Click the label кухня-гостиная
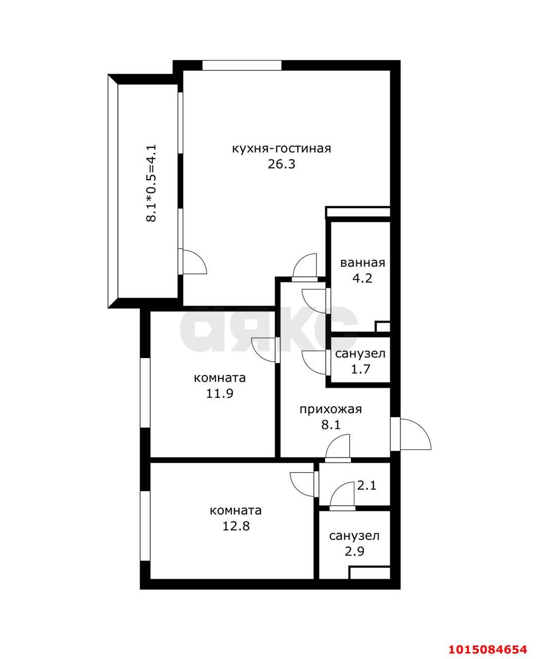click(x=281, y=149)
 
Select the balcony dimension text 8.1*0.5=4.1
click(x=151, y=183)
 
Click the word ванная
click(x=362, y=263)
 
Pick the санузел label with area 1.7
click(x=360, y=354)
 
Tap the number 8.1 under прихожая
click(x=331, y=425)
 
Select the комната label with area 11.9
click(x=220, y=378)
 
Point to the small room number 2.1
click(x=367, y=484)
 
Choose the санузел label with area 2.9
click(x=354, y=536)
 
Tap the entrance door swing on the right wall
click(x=414, y=434)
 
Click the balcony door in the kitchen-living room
click(x=193, y=262)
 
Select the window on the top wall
click(x=242, y=65)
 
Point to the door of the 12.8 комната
click(x=303, y=482)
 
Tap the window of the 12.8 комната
click(x=145, y=526)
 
